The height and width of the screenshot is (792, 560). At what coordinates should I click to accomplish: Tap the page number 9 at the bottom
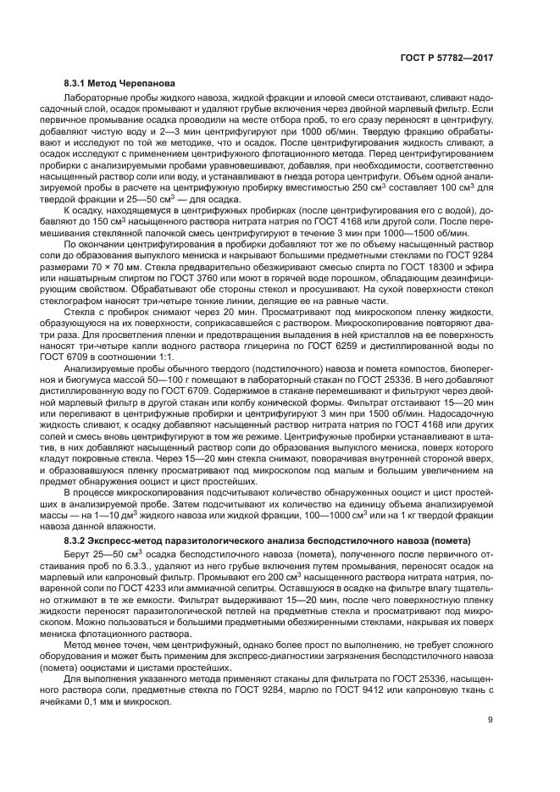click(491, 721)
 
